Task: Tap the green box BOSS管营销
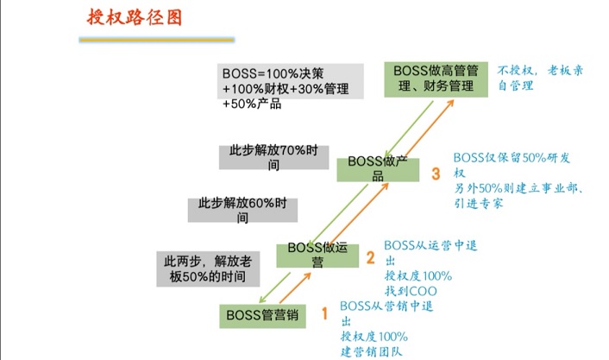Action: click(262, 315)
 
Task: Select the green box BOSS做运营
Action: click(317, 256)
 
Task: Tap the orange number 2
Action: click(369, 257)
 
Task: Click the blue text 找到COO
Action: click(411, 290)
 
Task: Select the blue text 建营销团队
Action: click(371, 351)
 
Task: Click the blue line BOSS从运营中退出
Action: click(429, 252)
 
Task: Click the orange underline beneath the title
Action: click(156, 39)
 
